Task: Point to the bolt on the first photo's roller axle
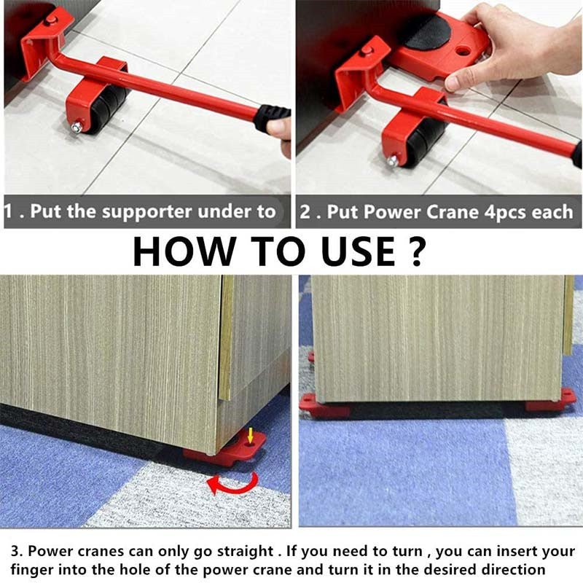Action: (76, 127)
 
